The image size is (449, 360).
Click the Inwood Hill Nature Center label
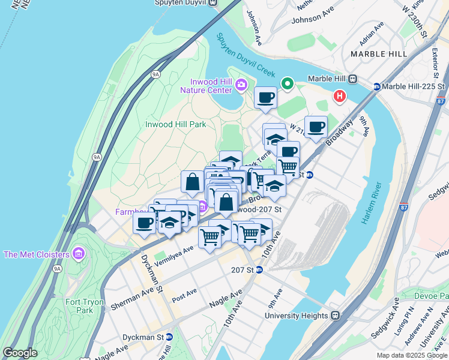(x=211, y=86)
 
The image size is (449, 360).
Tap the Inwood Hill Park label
(x=176, y=124)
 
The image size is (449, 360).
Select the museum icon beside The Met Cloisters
(x=78, y=254)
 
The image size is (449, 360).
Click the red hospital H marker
(x=340, y=95)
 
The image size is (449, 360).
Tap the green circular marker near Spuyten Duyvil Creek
(x=288, y=83)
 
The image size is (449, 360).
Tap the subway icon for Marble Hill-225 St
(x=377, y=86)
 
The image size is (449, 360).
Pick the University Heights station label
(x=297, y=315)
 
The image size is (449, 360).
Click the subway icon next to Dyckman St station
(x=169, y=337)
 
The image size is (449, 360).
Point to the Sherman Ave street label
(x=131, y=299)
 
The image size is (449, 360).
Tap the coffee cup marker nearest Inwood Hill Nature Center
(x=265, y=98)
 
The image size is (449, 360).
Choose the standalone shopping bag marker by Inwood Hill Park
(x=192, y=182)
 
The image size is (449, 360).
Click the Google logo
(x=20, y=353)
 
